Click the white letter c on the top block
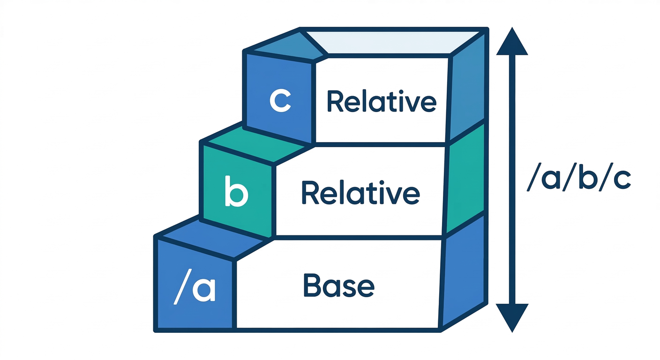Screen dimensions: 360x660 point(280,100)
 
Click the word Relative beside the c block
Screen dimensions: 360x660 point(381,102)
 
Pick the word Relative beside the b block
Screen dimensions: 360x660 point(360,193)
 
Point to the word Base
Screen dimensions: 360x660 point(338,285)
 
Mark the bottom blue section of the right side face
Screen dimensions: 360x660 point(464,277)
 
